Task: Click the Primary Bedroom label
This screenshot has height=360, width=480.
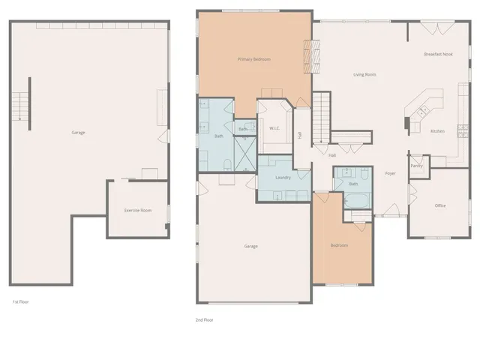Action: (253, 59)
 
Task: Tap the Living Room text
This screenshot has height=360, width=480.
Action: (364, 75)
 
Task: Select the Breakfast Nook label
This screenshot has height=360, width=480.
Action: (437, 54)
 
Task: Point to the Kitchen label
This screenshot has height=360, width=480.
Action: (437, 131)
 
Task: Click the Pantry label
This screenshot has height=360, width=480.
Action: (416, 166)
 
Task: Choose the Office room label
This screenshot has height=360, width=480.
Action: (440, 205)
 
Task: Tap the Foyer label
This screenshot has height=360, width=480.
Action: (390, 173)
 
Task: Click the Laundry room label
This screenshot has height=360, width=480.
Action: (283, 178)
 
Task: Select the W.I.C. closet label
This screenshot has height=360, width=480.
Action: (274, 128)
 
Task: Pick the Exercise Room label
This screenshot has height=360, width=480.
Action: (137, 211)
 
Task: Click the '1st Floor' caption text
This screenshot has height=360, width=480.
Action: (20, 301)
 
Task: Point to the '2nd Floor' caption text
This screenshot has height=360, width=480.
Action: (204, 319)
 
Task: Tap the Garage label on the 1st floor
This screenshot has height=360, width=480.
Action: (78, 133)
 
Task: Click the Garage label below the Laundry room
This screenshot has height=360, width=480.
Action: (250, 246)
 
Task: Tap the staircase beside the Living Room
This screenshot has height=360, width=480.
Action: (321, 117)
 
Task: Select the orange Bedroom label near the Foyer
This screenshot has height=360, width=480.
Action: (339, 245)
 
